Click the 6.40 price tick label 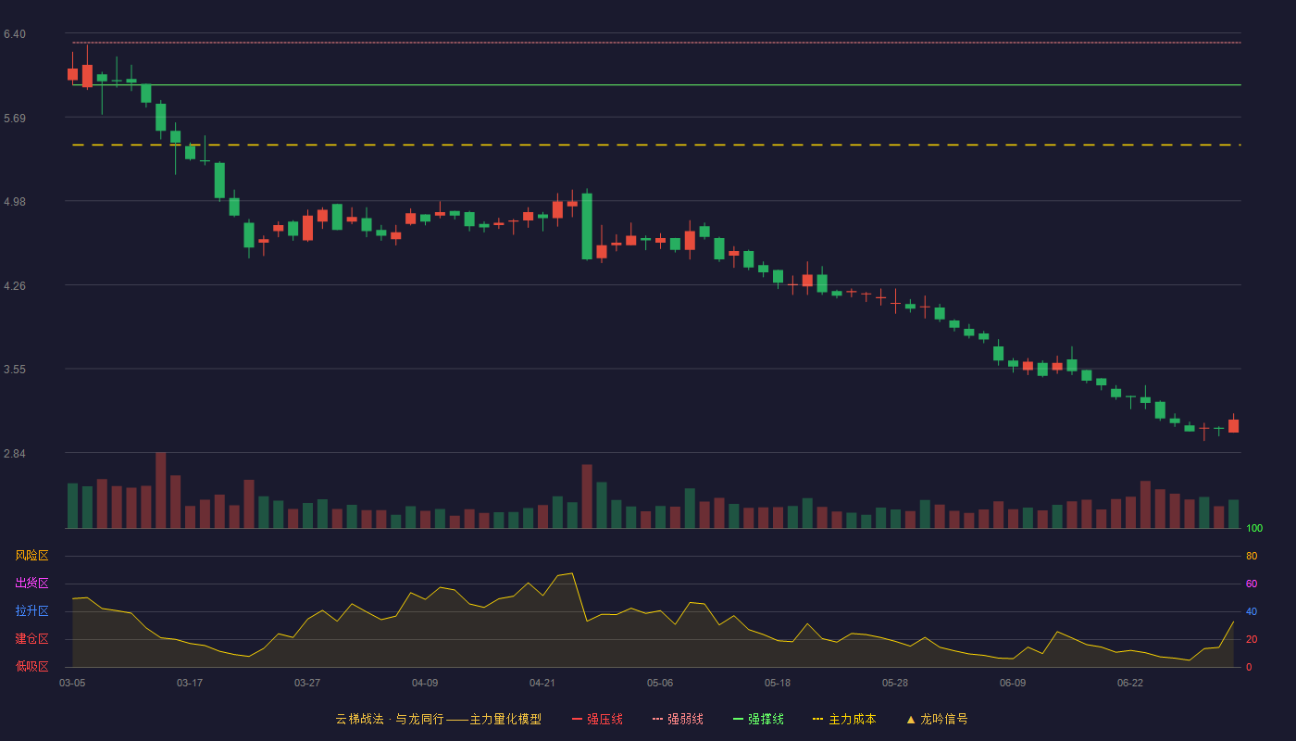(15, 34)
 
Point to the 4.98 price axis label (15, 202)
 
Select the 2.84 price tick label (15, 453)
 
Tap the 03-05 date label (72, 684)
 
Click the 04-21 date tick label (542, 684)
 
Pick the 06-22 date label (1130, 684)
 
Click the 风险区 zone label (31, 556)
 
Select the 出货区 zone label (31, 583)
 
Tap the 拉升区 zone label (31, 610)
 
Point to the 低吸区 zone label (31, 666)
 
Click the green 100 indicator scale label (1254, 528)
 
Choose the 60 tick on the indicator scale (1252, 584)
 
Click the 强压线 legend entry (597, 719)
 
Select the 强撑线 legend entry (758, 719)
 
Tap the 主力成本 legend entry (844, 719)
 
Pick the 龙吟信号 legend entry (937, 719)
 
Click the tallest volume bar (161, 490)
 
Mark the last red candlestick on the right (1233, 426)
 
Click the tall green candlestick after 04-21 (587, 226)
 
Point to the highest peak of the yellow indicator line (572, 573)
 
